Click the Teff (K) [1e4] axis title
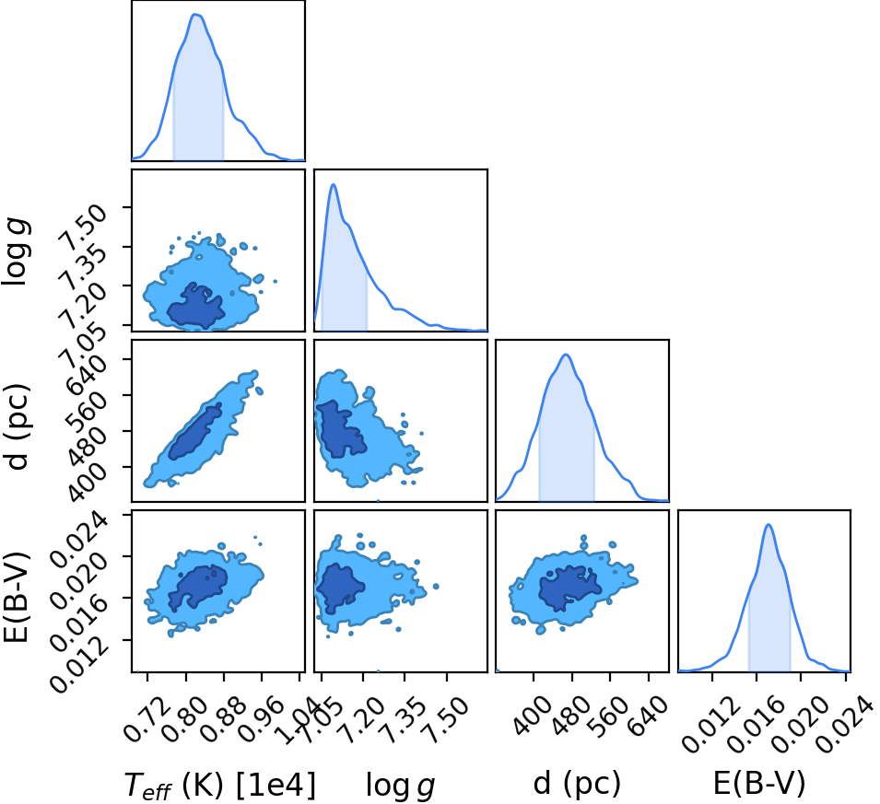click(x=219, y=785)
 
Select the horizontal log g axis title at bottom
click(x=400, y=785)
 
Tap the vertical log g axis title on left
click(x=17, y=251)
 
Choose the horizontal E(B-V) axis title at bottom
click(x=758, y=783)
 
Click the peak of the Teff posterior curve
click(x=195, y=14)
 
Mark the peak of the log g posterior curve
click(x=334, y=184)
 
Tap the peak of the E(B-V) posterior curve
click(x=769, y=525)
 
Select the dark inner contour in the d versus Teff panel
click(x=194, y=433)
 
